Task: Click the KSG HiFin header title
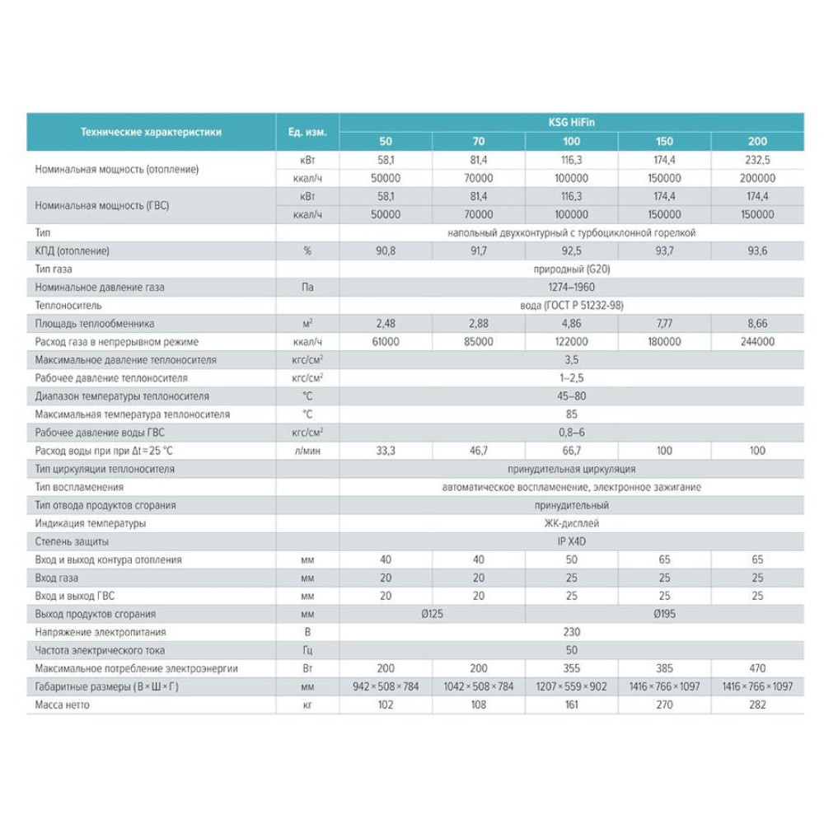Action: point(571,122)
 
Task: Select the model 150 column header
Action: point(663,141)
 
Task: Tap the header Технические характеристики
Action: point(150,132)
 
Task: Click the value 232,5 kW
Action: point(757,160)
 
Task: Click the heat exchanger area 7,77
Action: point(663,324)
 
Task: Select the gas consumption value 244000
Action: point(757,342)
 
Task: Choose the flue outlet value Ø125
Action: point(431,614)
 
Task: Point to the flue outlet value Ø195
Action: point(664,614)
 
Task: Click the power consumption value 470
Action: point(757,668)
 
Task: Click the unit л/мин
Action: point(307,451)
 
